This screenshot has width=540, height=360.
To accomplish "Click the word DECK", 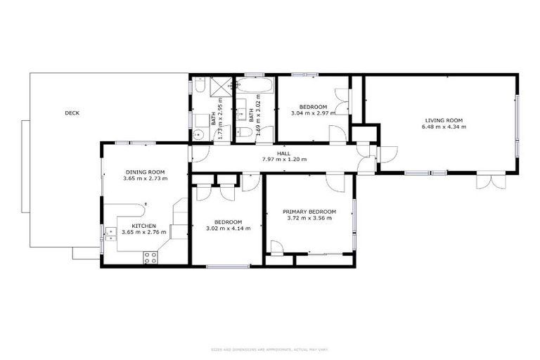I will point(72,112).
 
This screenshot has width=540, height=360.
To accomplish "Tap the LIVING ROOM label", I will point(443,120).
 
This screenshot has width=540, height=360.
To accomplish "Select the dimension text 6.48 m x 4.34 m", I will point(443,127).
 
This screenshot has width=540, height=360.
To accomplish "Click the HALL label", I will point(283,153).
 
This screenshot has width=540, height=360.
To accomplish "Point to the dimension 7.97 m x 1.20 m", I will point(283,160).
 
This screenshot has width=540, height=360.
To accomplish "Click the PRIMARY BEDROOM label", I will point(309,212).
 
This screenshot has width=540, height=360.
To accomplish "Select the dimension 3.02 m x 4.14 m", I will point(228,229).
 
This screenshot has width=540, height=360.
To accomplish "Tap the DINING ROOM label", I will point(145,172).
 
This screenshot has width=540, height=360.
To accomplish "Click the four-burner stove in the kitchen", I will point(150,257).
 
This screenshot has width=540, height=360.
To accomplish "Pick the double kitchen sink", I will point(110,234).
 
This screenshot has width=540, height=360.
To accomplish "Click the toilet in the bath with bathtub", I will point(245,132).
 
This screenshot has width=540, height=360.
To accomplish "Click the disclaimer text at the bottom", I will point(269,349).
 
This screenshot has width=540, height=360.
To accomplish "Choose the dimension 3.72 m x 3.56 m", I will point(309,219).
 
